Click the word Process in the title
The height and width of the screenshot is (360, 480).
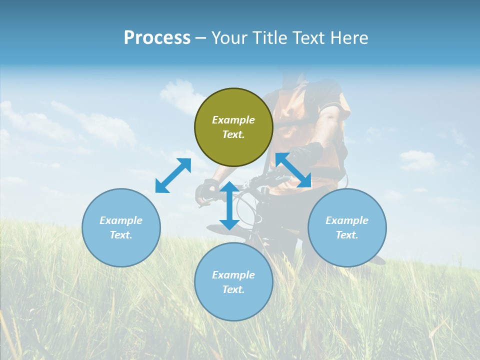[157, 38]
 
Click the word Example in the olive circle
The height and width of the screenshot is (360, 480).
[233, 120]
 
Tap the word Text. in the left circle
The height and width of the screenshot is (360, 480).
[121, 235]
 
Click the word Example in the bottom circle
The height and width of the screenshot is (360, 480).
[233, 275]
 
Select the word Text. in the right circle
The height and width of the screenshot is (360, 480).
[347, 235]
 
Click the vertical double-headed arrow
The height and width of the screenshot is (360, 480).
[229, 205]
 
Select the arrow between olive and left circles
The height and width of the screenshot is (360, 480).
[173, 175]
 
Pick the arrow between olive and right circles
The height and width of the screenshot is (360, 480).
[293, 170]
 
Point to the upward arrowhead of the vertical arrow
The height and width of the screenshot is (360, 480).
[229, 186]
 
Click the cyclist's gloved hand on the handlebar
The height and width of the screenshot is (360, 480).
[204, 192]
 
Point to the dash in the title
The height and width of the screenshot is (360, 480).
[200, 38]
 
